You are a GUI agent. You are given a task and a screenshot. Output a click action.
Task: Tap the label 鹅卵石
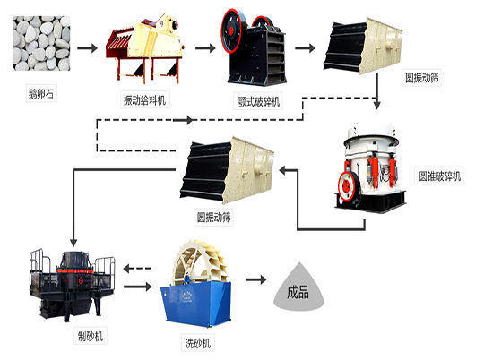(x=40, y=91)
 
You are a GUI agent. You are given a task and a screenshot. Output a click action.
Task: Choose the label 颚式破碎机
(x=260, y=101)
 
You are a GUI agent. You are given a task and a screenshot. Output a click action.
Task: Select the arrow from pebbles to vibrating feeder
(x=85, y=46)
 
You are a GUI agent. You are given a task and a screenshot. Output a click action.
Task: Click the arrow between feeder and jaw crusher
(x=203, y=46)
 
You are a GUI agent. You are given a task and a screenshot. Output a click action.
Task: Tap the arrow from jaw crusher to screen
(x=307, y=46)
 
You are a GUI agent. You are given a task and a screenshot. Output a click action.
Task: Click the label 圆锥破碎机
(x=438, y=175)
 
